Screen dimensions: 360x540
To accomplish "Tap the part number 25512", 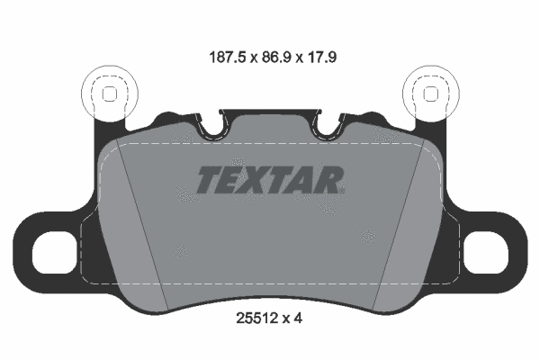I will (x=256, y=319).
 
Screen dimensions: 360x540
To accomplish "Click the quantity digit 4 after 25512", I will (x=306, y=319).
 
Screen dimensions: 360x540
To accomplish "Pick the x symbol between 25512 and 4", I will (x=290, y=319).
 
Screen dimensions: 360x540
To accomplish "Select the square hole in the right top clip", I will (x=430, y=93).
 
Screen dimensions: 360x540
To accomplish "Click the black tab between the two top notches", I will (x=269, y=121).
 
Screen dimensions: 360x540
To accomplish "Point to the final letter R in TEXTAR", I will (x=329, y=180).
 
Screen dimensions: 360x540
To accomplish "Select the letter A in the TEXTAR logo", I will (x=304, y=180).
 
